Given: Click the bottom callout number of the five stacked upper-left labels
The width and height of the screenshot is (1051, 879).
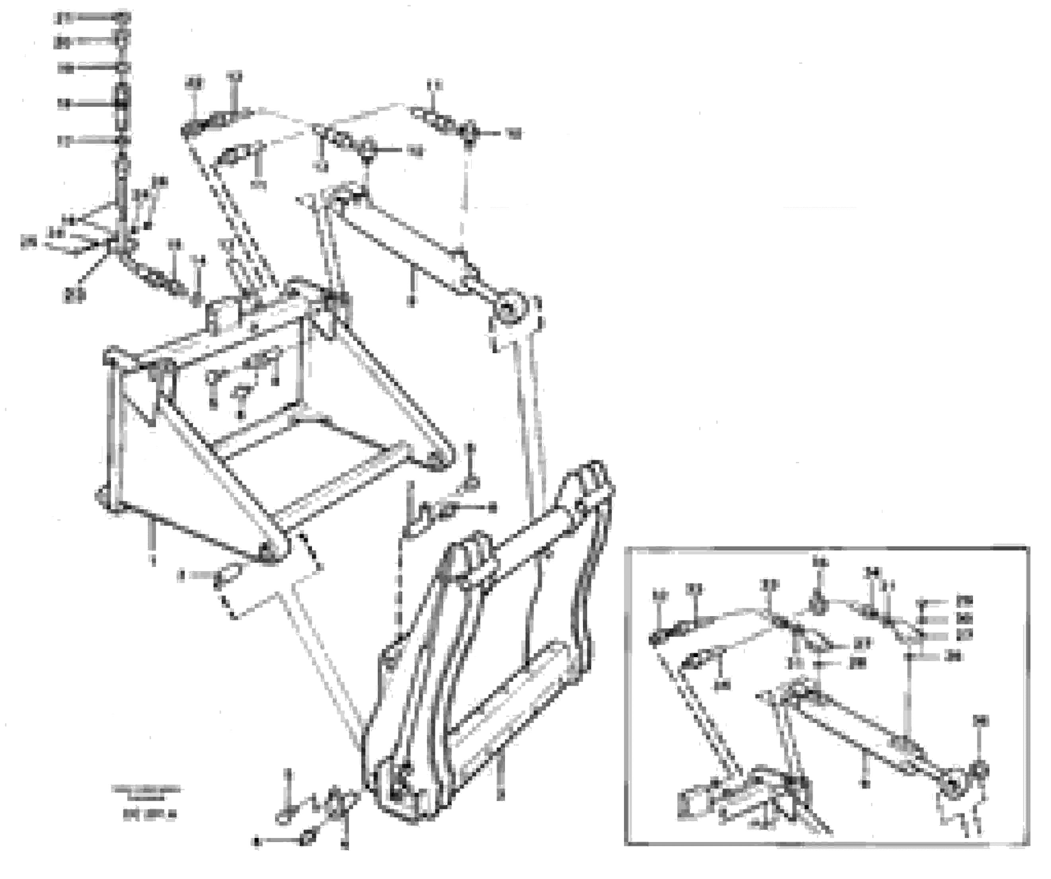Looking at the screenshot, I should coord(64,142).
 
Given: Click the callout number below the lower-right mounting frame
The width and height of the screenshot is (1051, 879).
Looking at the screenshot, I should coord(502,794).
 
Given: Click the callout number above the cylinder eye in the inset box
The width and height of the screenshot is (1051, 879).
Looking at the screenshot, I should coord(981,721).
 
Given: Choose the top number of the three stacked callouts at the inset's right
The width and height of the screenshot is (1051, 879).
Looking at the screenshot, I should coord(964,601).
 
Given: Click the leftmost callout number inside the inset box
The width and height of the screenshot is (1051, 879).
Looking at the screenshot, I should coord(661,595).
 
